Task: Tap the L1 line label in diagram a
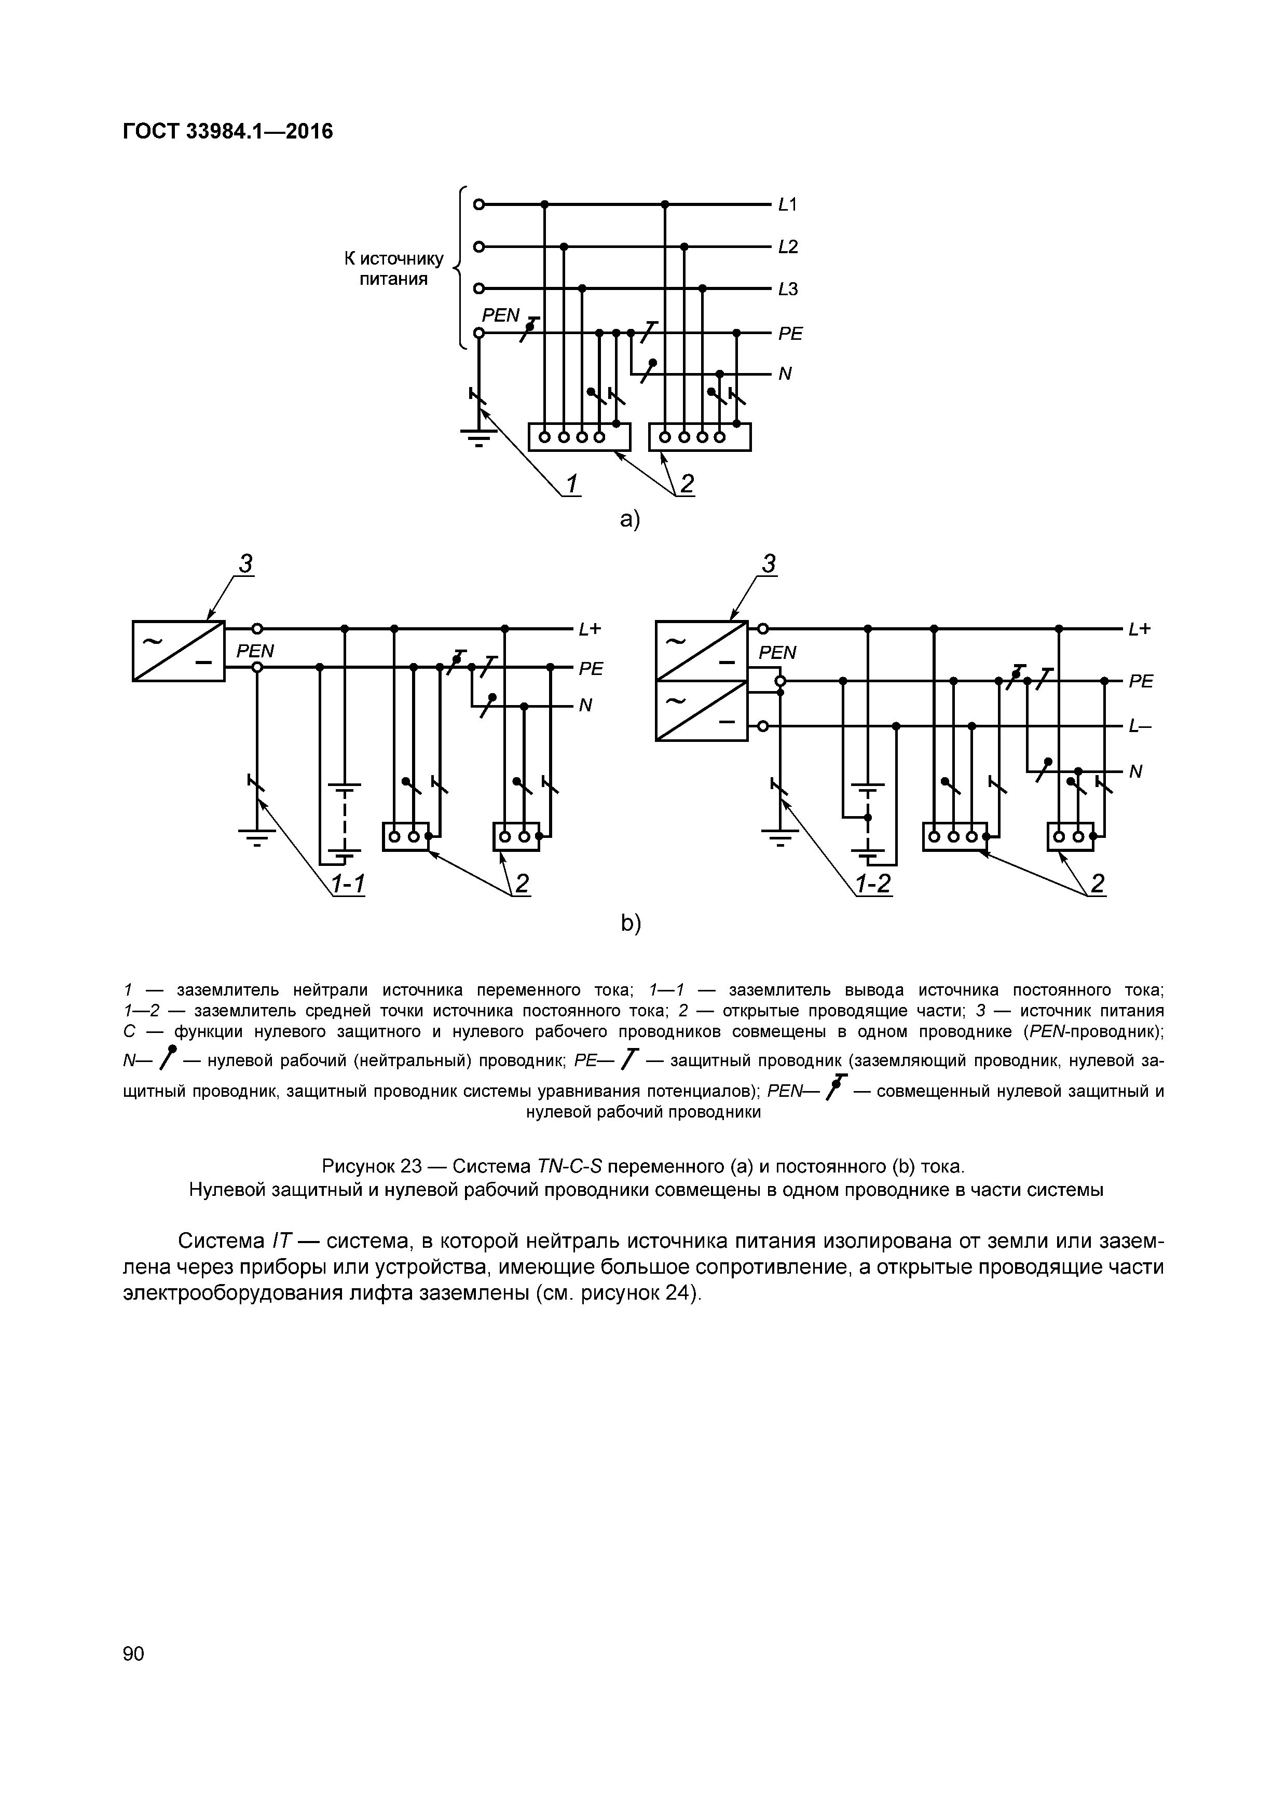point(787,204)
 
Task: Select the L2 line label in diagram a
point(787,246)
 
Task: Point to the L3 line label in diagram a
point(787,289)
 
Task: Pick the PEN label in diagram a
point(500,315)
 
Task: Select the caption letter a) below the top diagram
point(629,519)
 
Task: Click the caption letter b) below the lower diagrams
point(631,923)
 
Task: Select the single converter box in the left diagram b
point(179,651)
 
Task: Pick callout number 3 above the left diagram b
point(246,563)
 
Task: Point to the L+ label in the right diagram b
point(1140,629)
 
